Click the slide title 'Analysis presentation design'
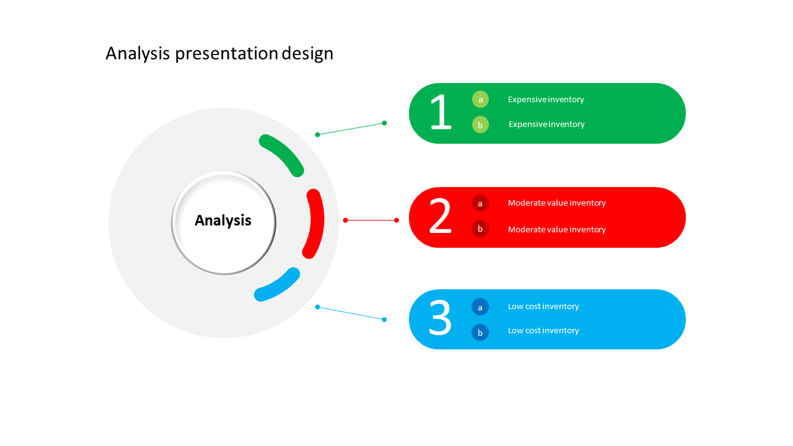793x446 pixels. [219, 54]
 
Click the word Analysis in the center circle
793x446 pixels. [223, 221]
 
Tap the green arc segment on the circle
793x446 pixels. [283, 154]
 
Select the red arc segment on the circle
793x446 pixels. [315, 223]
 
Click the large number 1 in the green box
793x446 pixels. [440, 113]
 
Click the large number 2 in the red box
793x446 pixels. [440, 217]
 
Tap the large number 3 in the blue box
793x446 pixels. [440, 318]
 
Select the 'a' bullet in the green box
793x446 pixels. [480, 99]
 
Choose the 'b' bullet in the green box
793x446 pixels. [480, 125]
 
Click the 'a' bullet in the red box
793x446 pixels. [480, 203]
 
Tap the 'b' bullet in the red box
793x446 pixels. [480, 229]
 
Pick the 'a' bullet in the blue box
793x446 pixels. [480, 307]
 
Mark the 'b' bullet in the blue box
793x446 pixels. [480, 332]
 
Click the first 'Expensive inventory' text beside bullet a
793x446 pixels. [546, 99]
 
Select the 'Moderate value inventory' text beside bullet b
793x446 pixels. [556, 229]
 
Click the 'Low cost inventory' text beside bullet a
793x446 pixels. [543, 306]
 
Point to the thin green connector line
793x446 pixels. [351, 129]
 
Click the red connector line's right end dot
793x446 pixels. [396, 220]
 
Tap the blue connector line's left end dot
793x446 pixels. [317, 307]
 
